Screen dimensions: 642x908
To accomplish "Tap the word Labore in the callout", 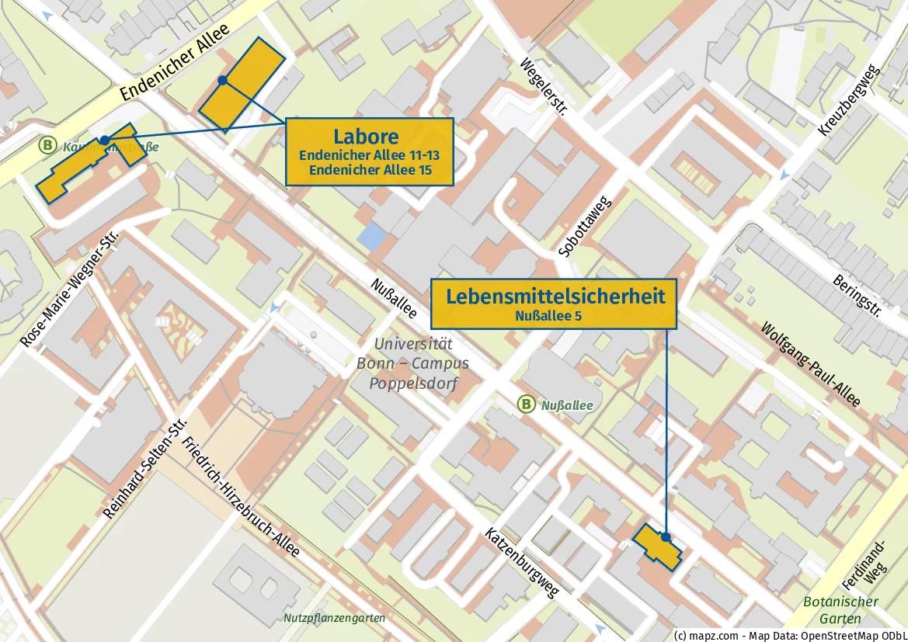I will tap(366, 137).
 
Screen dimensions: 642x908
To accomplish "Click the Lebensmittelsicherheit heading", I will tap(555, 296).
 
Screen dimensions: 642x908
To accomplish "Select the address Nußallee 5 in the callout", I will tap(548, 315).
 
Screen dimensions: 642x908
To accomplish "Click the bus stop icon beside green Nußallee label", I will tap(527, 404).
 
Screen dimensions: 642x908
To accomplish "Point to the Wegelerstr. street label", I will tap(544, 87).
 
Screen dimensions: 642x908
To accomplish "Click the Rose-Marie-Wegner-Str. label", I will tap(70, 288).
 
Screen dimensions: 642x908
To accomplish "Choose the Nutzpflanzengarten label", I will tap(334, 618).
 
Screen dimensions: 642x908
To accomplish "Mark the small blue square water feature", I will tap(371, 237).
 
